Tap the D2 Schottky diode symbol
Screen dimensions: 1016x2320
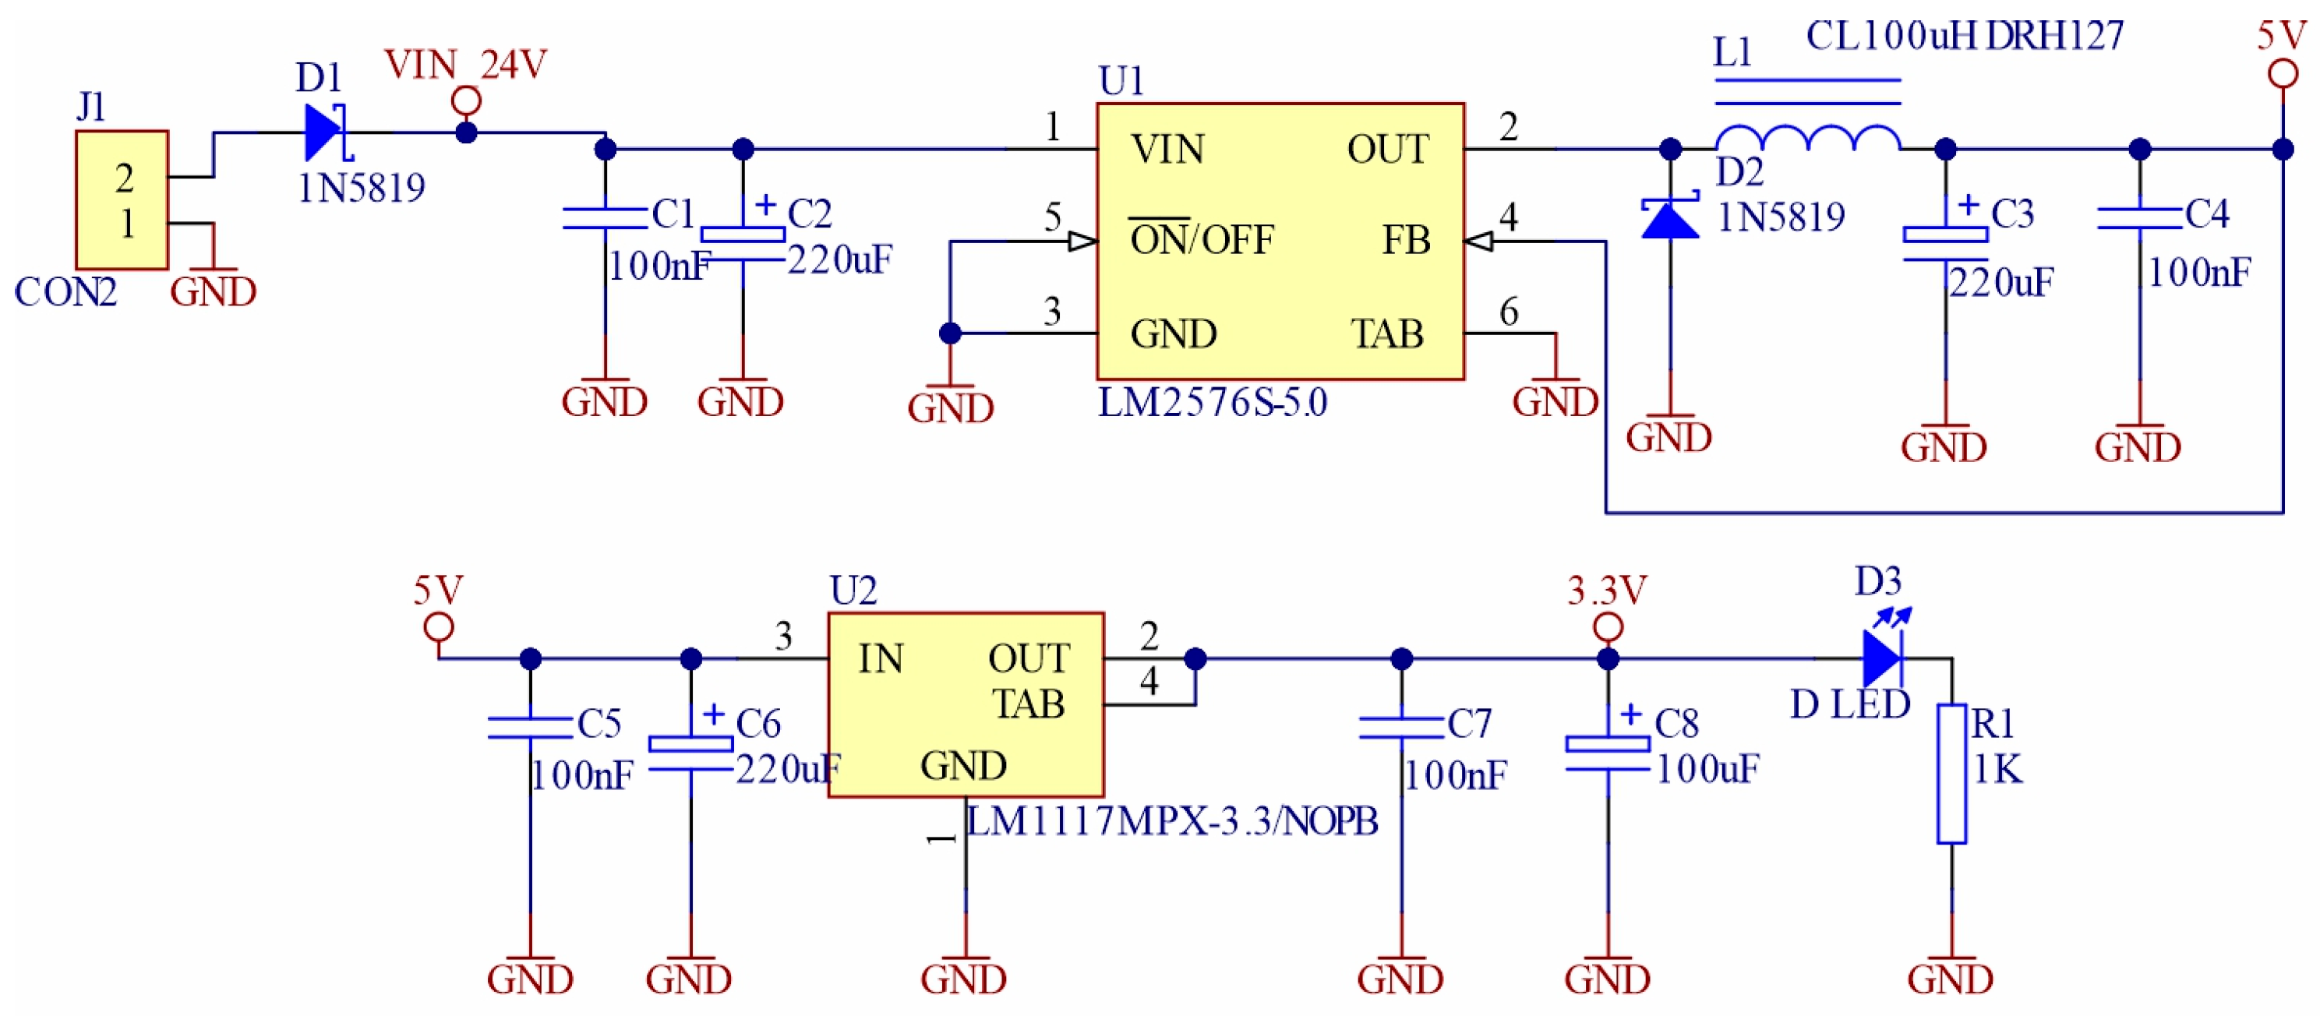click(1670, 219)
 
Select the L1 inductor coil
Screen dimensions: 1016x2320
click(1806, 138)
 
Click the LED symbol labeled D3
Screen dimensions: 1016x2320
click(1882, 658)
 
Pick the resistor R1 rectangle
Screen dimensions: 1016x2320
click(1951, 774)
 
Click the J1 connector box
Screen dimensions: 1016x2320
click(122, 200)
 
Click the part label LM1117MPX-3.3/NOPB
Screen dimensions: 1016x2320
click(1171, 820)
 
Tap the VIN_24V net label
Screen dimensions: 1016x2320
click(465, 65)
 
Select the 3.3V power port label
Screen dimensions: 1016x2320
click(1607, 591)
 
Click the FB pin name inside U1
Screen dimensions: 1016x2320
click(1406, 241)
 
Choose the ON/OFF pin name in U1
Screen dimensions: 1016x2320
click(1202, 241)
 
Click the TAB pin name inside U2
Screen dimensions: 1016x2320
click(1029, 704)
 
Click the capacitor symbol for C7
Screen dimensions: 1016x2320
click(1401, 728)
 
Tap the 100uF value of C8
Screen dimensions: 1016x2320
click(1707, 769)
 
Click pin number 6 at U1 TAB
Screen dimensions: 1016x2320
click(1509, 312)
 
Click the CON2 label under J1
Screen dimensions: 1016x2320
click(65, 292)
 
